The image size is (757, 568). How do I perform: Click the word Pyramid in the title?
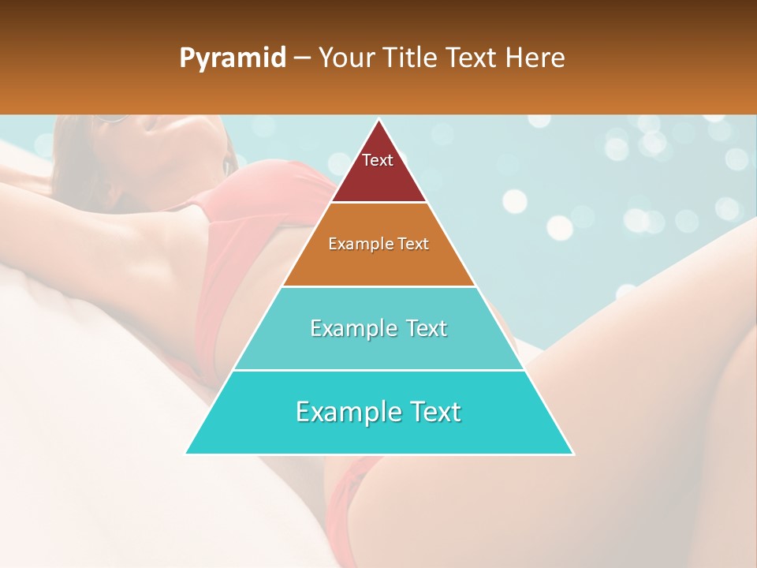coord(233,58)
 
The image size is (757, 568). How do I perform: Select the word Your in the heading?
coord(346,58)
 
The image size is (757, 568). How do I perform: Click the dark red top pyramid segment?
coord(378,170)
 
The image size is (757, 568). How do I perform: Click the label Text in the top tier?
coord(378,160)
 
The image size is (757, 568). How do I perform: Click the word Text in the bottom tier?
coord(430,412)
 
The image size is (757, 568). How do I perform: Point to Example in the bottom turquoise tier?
coord(346,412)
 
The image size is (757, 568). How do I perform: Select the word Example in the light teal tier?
coord(351,328)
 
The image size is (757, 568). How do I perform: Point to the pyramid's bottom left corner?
coord(186,454)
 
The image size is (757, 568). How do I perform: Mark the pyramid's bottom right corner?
coord(572,454)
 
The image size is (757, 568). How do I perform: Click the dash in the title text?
coord(302,58)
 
